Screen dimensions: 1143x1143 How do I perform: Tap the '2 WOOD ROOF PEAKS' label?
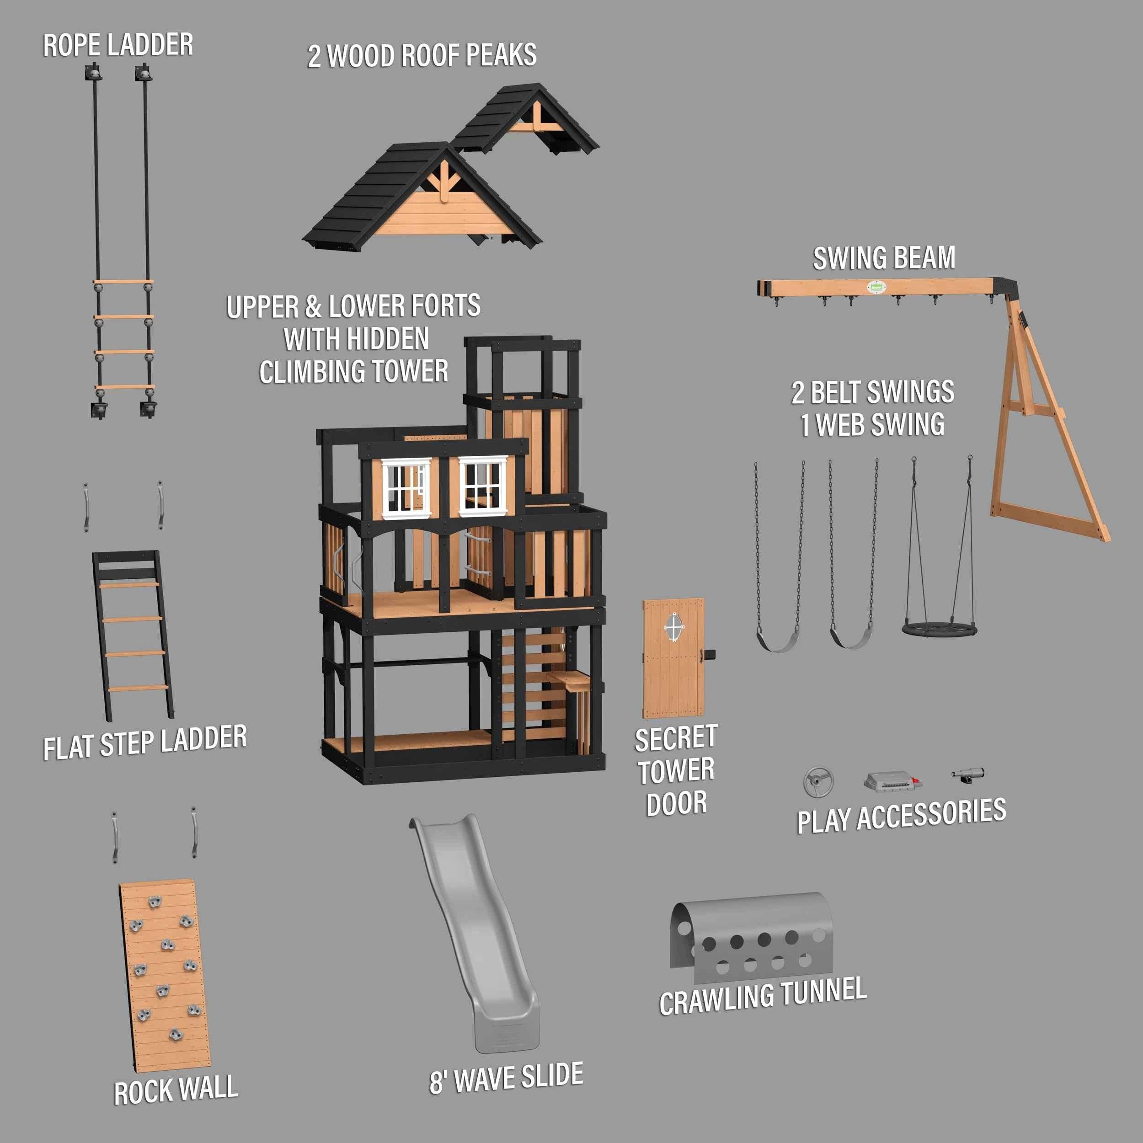tap(422, 56)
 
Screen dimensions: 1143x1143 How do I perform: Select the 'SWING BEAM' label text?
tap(884, 258)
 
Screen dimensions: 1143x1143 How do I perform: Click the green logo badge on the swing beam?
tap(876, 288)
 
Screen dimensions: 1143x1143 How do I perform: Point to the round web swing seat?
tap(940, 628)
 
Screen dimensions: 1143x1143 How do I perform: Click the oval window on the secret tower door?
tap(674, 627)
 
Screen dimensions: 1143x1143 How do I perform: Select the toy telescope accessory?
tap(968, 774)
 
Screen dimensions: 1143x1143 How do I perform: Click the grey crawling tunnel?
tap(751, 940)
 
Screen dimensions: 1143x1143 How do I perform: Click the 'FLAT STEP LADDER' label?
tap(145, 742)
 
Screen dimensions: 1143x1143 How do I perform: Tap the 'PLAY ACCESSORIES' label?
tap(901, 816)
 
